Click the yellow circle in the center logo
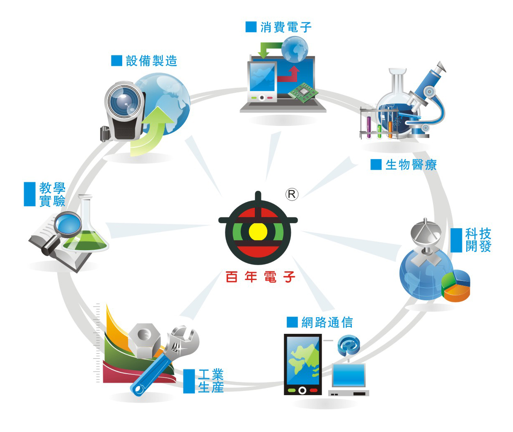(258, 232)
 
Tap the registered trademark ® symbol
(292, 194)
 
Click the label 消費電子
(286, 27)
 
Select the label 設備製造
(151, 61)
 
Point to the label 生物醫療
(411, 165)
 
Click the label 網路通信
(327, 322)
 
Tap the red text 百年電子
(260, 277)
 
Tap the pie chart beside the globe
(456, 285)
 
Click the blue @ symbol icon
(348, 345)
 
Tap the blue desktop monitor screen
(349, 375)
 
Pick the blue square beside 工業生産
(189, 381)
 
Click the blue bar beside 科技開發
(456, 240)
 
